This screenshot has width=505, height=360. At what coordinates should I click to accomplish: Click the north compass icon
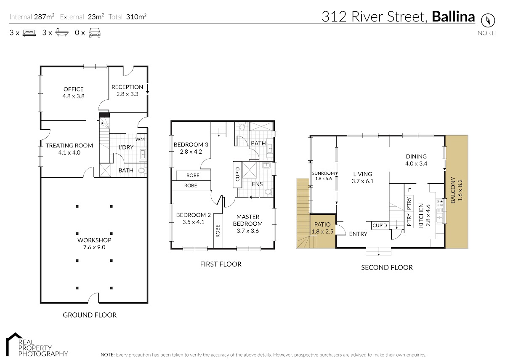tap(488, 21)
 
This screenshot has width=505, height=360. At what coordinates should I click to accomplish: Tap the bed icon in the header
tap(29, 33)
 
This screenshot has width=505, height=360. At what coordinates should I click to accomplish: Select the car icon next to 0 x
tap(94, 33)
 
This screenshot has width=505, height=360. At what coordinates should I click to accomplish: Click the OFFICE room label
tap(74, 89)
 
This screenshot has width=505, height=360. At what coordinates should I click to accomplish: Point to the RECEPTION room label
tap(128, 87)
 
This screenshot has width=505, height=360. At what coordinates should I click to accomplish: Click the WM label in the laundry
tap(140, 139)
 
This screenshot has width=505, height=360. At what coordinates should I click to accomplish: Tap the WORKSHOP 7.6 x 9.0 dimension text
tap(94, 247)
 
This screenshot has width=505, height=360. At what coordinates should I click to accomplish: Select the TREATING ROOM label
tap(69, 146)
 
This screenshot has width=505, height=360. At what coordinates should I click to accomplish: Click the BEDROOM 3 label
tap(191, 144)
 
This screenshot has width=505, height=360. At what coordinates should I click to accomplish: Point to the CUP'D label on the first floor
tap(237, 174)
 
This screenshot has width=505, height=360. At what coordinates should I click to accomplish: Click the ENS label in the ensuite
tap(257, 184)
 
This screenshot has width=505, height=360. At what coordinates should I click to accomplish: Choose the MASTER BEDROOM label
tap(248, 220)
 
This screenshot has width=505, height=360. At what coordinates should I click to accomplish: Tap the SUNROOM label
tap(323, 173)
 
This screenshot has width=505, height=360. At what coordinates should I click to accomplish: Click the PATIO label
tap(322, 224)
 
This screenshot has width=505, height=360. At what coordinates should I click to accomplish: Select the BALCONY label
tap(453, 190)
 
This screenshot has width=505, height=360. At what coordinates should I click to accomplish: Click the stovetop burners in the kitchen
tap(440, 203)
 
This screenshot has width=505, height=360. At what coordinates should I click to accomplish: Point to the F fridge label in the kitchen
tap(409, 190)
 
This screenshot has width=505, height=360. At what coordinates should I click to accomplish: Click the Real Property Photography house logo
tap(14, 344)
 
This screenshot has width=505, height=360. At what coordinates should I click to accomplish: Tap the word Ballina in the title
tap(453, 17)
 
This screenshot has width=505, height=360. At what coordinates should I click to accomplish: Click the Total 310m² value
tap(136, 17)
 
